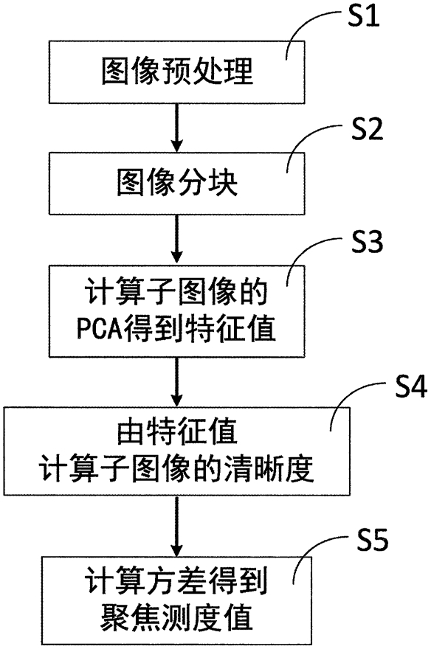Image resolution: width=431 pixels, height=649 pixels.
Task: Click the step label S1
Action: (364, 17)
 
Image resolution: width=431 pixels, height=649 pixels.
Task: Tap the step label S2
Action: (368, 129)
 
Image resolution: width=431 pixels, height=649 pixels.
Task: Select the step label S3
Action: (368, 241)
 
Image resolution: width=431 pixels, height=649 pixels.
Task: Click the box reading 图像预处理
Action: (177, 72)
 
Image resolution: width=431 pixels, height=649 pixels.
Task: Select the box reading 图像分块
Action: (177, 184)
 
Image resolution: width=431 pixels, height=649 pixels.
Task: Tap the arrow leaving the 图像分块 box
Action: (177, 240)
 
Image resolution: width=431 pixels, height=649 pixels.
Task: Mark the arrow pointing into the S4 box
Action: (177, 381)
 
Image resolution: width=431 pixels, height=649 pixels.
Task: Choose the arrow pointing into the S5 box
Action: (177, 526)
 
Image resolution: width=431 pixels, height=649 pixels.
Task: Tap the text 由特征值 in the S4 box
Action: (177, 432)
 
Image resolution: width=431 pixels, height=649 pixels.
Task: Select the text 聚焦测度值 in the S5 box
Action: (177, 617)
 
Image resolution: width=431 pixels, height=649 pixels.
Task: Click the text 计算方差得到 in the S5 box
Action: (177, 581)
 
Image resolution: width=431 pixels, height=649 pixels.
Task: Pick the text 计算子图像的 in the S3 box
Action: (177, 293)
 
